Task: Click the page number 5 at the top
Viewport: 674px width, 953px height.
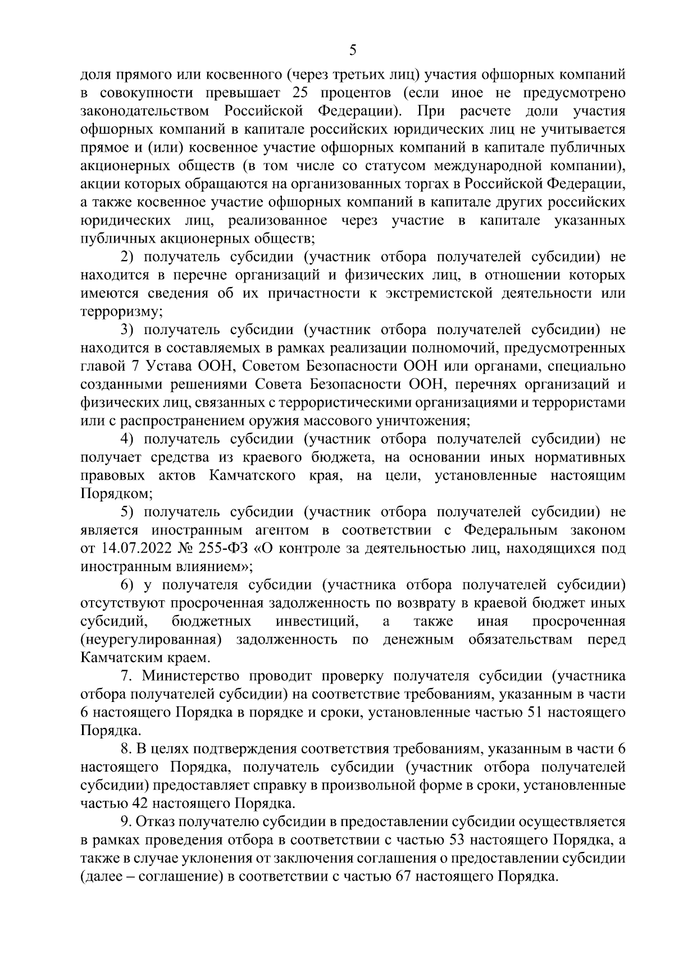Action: (x=353, y=51)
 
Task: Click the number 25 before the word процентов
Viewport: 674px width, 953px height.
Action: (x=304, y=93)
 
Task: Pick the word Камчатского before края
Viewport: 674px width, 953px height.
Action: (x=253, y=475)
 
